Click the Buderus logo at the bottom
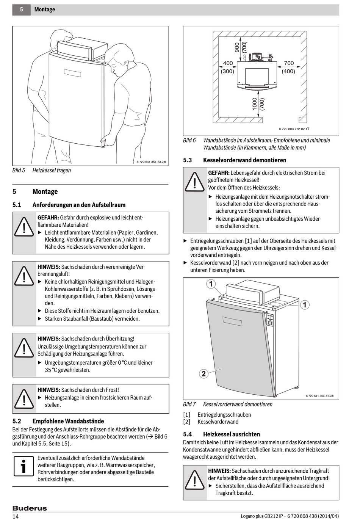[x=30, y=508]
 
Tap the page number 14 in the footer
[x=16, y=516]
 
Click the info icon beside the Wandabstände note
[x=23, y=466]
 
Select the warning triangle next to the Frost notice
[x=24, y=398]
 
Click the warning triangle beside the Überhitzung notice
[x=24, y=347]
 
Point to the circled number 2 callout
[x=203, y=374]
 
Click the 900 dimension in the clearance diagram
[x=237, y=47]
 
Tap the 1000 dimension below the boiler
[x=255, y=103]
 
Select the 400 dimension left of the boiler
[x=228, y=63]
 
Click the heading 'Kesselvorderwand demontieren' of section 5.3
[x=244, y=160]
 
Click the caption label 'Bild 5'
[x=19, y=170]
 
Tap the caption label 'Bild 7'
[x=189, y=404]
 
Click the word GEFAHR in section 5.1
[x=48, y=218]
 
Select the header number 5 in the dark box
[x=22, y=9]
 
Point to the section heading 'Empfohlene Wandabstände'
[x=68, y=421]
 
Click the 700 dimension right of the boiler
[x=289, y=63]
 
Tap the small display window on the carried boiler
[x=72, y=73]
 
